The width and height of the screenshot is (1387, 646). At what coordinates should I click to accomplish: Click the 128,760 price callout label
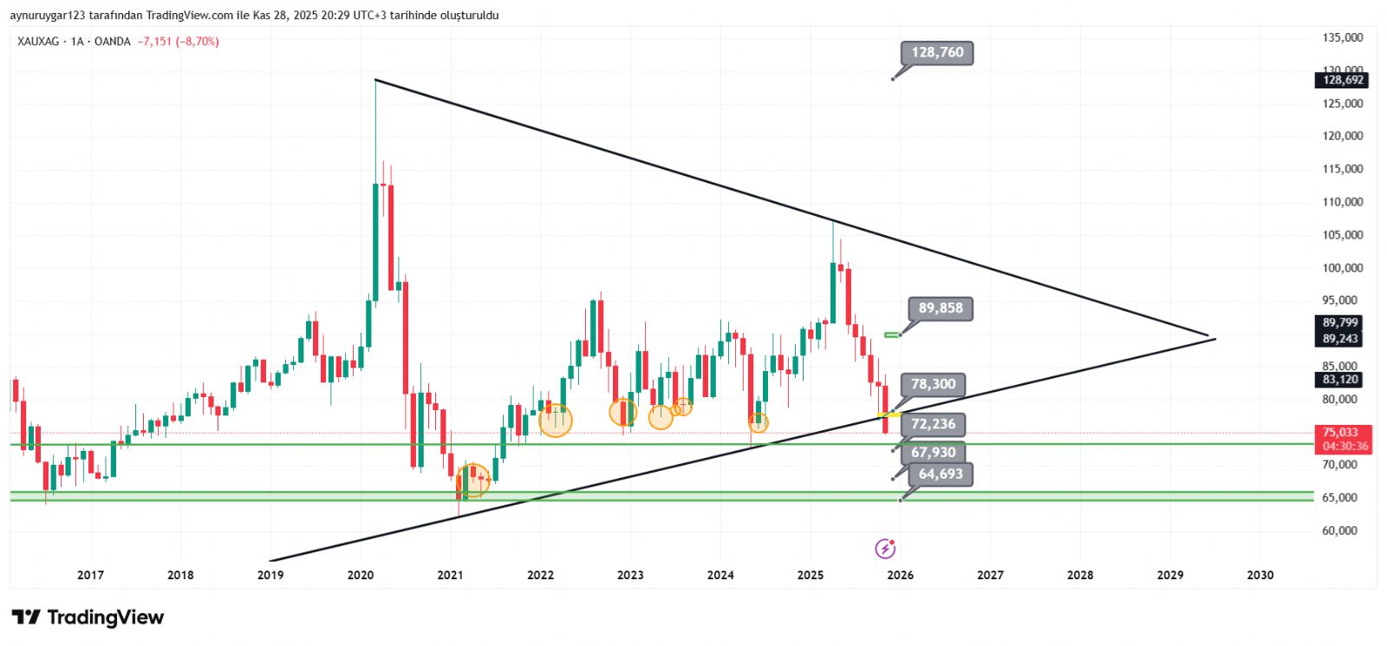(x=937, y=53)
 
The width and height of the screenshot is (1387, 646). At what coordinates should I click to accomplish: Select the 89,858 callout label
(x=941, y=309)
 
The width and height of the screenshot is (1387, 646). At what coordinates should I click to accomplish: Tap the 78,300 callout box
(x=933, y=384)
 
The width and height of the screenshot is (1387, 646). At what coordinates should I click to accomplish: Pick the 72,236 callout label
(x=933, y=424)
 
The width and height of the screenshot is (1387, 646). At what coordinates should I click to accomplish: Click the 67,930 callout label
(x=933, y=453)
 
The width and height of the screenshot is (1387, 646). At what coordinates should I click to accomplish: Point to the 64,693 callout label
(x=941, y=474)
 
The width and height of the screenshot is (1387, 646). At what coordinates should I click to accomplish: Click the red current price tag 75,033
(x=1341, y=433)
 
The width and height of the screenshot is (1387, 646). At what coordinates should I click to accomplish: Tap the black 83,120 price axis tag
(x=1340, y=380)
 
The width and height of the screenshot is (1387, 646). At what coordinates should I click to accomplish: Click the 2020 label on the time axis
(x=361, y=575)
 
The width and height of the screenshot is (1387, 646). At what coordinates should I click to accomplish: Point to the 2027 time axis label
(x=990, y=575)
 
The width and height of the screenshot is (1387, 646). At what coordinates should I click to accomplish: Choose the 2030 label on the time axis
(x=1260, y=575)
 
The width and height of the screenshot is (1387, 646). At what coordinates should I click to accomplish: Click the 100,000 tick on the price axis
(x=1342, y=268)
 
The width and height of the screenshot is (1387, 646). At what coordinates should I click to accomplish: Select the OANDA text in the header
(x=112, y=42)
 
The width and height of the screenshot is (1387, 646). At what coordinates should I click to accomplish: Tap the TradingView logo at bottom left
(x=88, y=617)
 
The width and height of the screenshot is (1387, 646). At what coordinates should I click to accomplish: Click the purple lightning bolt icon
(x=885, y=548)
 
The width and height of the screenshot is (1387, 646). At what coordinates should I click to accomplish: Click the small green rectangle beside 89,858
(x=892, y=335)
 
